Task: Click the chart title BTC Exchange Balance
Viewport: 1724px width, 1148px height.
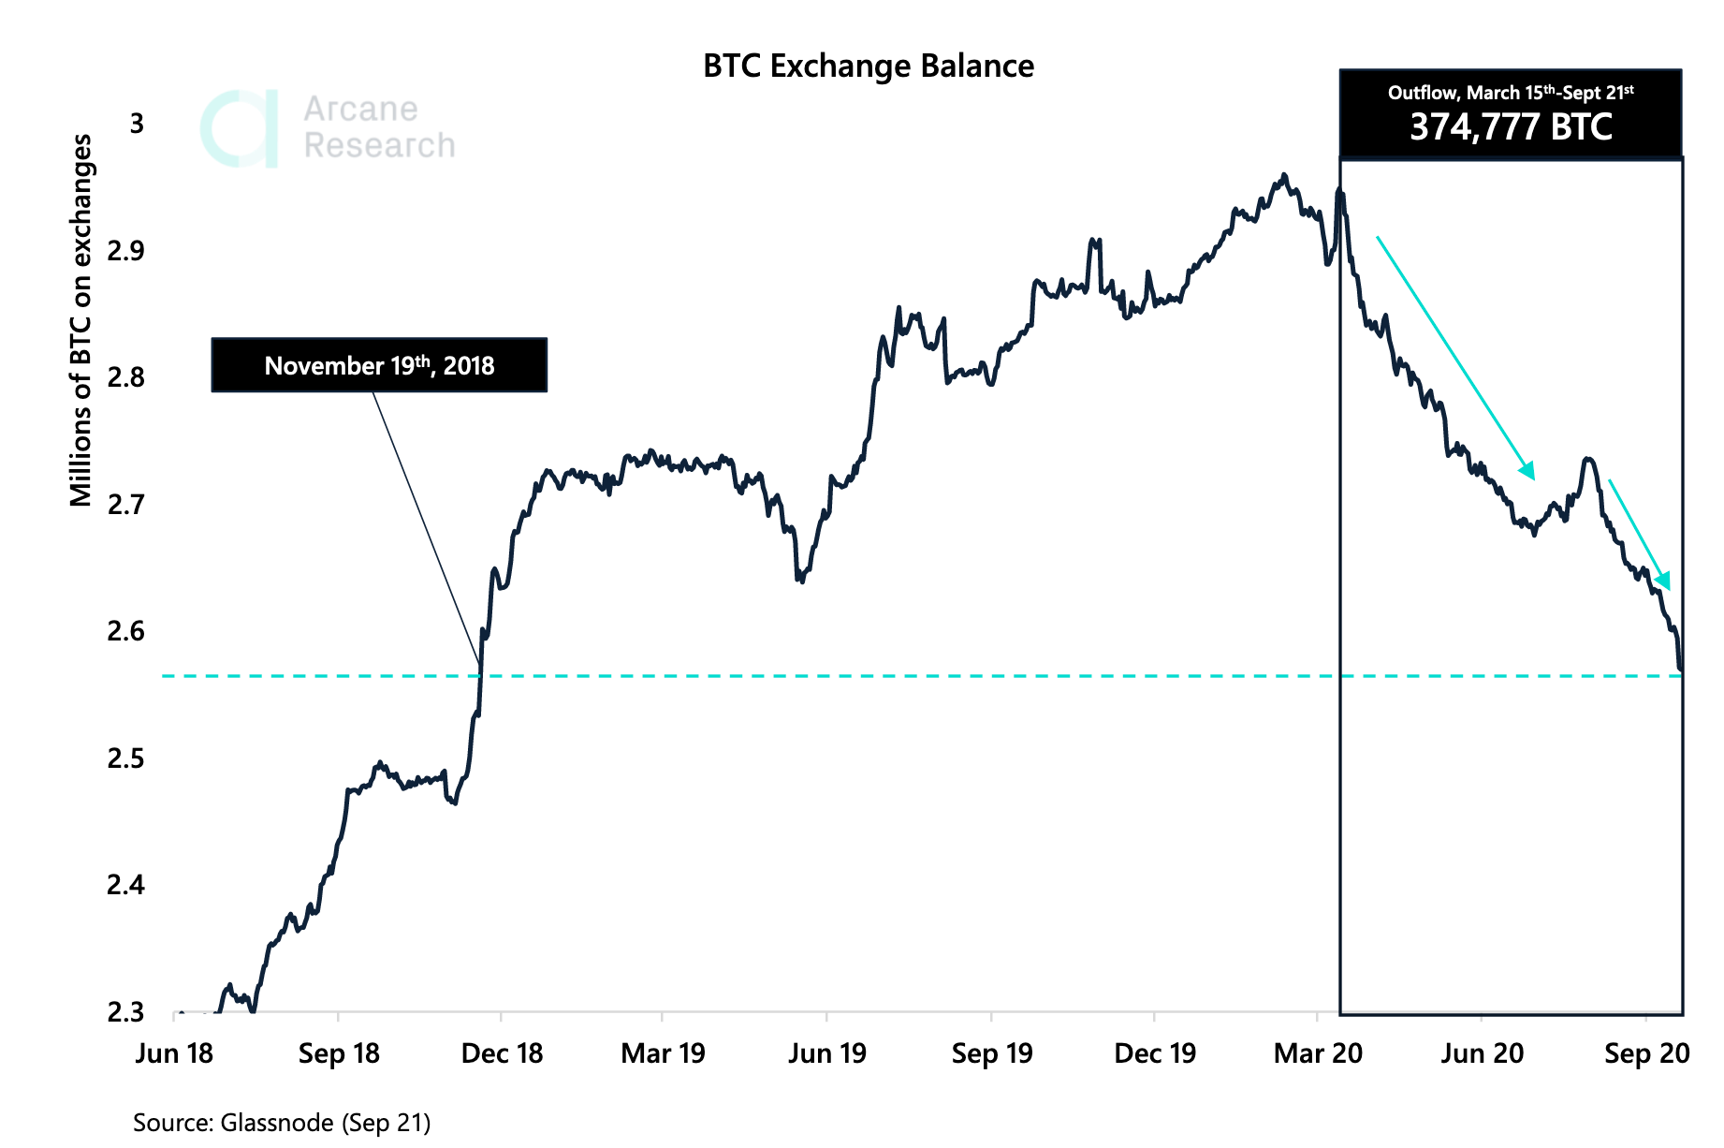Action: (x=868, y=66)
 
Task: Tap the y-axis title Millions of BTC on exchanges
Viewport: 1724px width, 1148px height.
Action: (x=81, y=320)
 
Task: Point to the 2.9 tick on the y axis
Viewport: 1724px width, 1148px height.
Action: (x=125, y=250)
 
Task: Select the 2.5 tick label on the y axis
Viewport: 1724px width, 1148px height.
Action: (x=125, y=758)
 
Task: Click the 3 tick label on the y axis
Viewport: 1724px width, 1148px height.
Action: (x=137, y=124)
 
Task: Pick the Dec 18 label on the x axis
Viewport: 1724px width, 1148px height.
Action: (x=502, y=1053)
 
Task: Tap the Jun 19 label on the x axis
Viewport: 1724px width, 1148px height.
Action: (x=827, y=1053)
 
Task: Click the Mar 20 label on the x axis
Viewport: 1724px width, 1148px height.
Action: (x=1318, y=1053)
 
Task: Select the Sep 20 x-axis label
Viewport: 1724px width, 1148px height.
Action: (x=1646, y=1053)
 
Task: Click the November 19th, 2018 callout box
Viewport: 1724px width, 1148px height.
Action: (x=379, y=365)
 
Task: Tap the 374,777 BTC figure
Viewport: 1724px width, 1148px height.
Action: (x=1511, y=127)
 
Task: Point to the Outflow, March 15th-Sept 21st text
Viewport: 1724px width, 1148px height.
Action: (x=1511, y=93)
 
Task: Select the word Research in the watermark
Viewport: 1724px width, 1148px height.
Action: (x=379, y=146)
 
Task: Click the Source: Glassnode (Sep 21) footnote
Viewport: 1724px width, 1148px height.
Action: (x=282, y=1122)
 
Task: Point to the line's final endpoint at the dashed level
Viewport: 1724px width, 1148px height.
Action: (x=1682, y=670)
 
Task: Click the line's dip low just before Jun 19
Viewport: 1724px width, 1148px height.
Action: (x=800, y=581)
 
